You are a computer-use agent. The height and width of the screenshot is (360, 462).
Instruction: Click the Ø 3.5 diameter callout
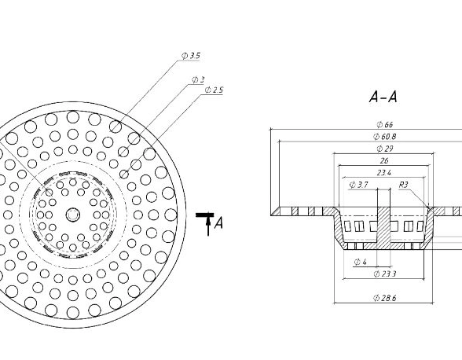191,56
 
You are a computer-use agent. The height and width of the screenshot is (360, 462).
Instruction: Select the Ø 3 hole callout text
198,79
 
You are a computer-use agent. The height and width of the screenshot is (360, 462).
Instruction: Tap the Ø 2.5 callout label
214,90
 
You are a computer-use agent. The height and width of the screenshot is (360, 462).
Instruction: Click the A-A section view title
383,97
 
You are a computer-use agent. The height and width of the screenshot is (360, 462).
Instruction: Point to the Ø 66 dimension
385,125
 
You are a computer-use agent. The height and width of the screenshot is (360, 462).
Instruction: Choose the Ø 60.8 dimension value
384,137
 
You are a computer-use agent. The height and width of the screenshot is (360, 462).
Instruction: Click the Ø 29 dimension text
385,149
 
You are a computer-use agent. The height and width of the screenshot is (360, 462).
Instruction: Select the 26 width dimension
384,160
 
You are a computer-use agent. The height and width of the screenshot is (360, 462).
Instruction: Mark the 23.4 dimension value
384,173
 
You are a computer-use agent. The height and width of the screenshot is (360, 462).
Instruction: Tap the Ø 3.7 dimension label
358,185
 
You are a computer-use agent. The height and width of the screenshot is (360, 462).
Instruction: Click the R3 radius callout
403,185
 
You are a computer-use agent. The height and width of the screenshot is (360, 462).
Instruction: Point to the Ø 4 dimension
360,262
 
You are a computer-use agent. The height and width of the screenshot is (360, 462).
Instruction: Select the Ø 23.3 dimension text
385,274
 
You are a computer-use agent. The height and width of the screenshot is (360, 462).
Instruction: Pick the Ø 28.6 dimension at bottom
384,298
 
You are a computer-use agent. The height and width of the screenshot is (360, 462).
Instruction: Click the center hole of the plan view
72,215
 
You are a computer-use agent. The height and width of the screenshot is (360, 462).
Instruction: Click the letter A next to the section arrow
218,222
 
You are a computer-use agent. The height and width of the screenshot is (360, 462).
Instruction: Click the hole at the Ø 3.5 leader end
115,127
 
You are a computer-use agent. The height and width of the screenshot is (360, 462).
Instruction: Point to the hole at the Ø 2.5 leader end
124,174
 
